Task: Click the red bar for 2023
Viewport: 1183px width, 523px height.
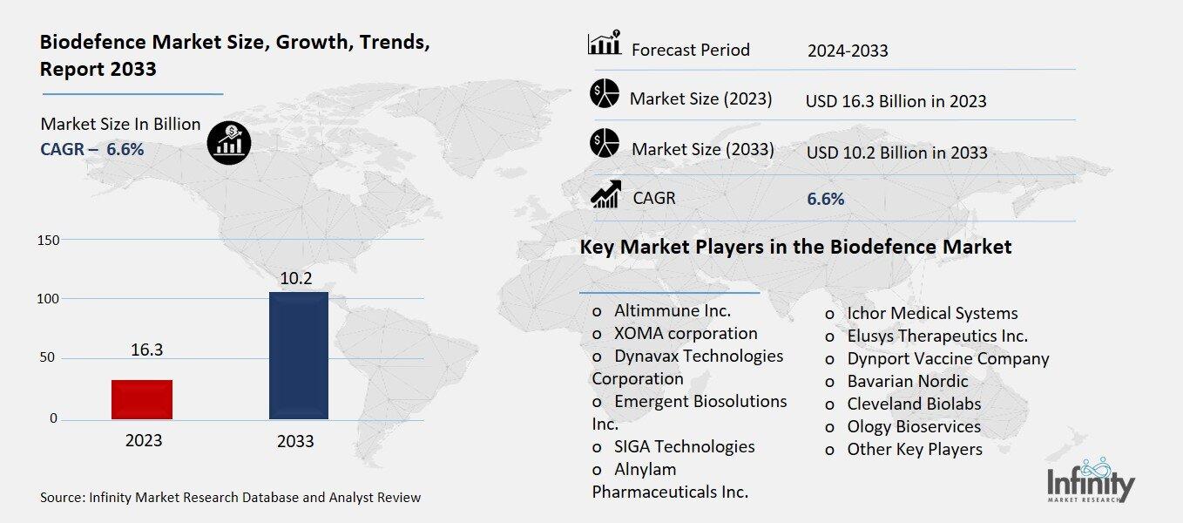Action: (142, 399)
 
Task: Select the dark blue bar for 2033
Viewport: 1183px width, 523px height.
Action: (299, 356)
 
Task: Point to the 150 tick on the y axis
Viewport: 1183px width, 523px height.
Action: (49, 240)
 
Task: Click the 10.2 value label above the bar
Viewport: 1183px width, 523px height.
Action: (296, 279)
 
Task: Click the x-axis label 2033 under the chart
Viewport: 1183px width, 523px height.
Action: (295, 441)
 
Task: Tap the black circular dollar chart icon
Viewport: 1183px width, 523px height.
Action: (229, 142)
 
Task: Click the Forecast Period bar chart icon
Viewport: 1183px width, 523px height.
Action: (604, 44)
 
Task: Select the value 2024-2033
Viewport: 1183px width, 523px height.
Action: (848, 51)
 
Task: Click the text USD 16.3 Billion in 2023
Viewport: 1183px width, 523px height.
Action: (896, 101)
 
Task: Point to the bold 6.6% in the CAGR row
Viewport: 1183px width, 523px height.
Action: (825, 199)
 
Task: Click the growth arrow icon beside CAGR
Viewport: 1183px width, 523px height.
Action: (605, 194)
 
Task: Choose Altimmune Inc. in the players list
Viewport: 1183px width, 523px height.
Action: (672, 310)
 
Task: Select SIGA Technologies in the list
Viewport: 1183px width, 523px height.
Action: (684, 446)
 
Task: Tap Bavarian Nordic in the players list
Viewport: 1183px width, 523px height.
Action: (907, 381)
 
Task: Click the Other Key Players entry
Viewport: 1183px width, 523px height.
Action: (914, 449)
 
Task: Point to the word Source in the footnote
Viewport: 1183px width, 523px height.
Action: (62, 498)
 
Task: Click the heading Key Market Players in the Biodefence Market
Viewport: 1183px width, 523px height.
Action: (795, 247)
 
